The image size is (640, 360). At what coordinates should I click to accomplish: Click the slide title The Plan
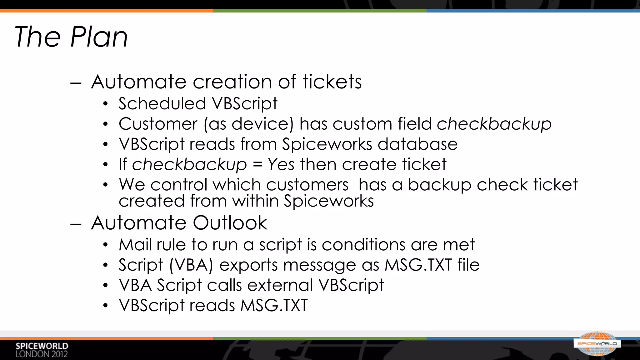[x=71, y=37]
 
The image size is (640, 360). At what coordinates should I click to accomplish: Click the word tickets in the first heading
[x=332, y=82]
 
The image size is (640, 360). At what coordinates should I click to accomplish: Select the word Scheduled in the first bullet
[x=162, y=103]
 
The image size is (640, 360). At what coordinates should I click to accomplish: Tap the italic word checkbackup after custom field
[x=494, y=124]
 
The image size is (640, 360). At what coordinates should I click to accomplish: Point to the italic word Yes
[x=281, y=164]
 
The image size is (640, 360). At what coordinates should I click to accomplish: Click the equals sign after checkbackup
[x=257, y=165]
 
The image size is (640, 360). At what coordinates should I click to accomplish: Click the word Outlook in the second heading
[x=230, y=223]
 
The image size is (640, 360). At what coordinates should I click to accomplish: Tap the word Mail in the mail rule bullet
[x=136, y=244]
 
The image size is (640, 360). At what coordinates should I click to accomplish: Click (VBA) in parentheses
[x=191, y=265]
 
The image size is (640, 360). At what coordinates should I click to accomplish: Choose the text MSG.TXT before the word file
[x=418, y=265]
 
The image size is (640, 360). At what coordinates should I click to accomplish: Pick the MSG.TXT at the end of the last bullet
[x=274, y=306]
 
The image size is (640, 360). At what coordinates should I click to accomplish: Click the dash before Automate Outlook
[x=76, y=224]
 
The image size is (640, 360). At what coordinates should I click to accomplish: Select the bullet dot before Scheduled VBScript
[x=106, y=104]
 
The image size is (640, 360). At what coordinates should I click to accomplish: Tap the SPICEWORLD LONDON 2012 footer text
[x=42, y=350]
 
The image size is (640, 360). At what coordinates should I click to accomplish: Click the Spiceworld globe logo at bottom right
[x=597, y=344]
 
